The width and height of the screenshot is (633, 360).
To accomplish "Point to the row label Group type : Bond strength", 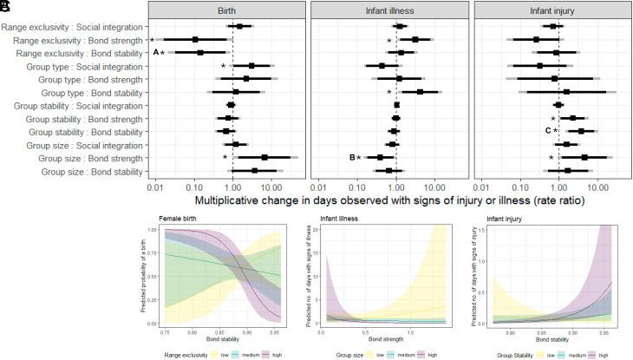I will click(91, 78).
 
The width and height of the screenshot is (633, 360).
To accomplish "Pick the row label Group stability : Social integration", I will click(77, 105).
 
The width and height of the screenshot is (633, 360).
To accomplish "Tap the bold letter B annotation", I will click(353, 157).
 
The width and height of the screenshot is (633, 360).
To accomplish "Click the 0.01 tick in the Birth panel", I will click(156, 187).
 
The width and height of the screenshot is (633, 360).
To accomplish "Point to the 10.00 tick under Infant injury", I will click(597, 187).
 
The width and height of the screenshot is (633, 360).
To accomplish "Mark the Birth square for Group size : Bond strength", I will click(264, 157).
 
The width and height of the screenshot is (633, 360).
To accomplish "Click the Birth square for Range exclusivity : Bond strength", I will click(195, 40).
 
